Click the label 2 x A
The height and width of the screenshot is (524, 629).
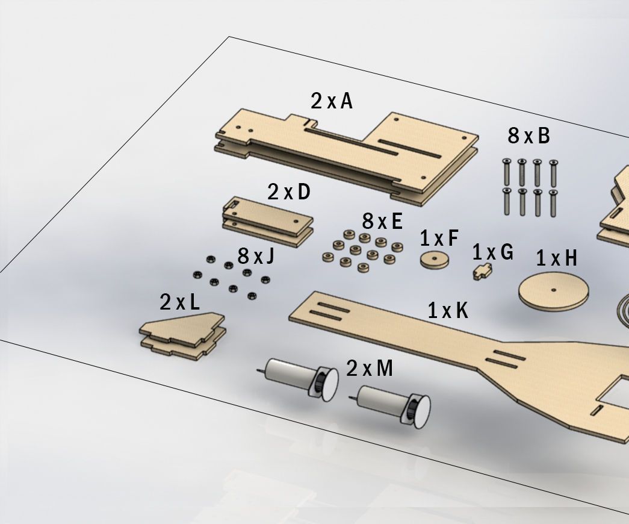(x=331, y=101)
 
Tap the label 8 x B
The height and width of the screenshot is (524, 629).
(x=528, y=136)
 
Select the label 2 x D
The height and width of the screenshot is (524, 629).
(x=288, y=192)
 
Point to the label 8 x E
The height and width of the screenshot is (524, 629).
(x=382, y=221)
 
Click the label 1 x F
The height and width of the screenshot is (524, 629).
(x=439, y=239)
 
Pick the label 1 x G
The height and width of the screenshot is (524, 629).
(x=492, y=252)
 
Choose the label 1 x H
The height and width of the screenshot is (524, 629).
(x=556, y=258)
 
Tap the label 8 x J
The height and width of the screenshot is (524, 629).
(x=256, y=257)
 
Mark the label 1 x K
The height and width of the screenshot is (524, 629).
(x=448, y=310)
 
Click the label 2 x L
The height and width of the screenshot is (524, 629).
(x=179, y=302)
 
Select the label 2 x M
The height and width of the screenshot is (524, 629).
(x=370, y=368)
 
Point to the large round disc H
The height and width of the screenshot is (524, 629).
(x=553, y=293)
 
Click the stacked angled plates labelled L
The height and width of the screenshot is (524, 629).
(x=182, y=335)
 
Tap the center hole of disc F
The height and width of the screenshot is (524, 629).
(x=435, y=258)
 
